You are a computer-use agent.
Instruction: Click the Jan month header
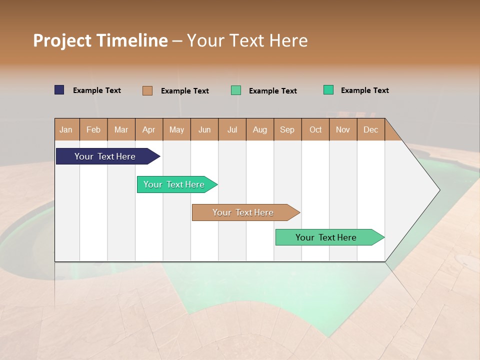66,129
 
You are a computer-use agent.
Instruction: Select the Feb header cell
93,129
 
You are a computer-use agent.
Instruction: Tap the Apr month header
149,129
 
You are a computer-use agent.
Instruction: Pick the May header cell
176,129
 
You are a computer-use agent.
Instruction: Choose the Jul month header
232,129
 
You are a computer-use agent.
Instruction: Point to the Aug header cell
260,129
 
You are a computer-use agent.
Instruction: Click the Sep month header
287,129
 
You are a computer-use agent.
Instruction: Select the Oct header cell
315,129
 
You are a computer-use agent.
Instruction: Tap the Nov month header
343,129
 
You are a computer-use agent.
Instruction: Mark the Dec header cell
371,129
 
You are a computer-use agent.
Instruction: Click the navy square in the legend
59,90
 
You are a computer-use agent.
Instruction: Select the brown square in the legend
147,90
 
